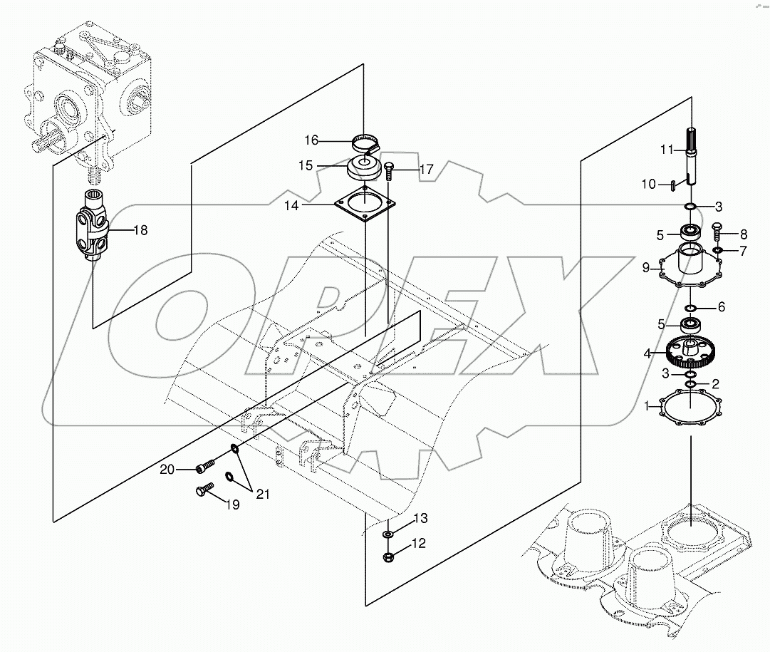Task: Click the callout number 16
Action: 311,139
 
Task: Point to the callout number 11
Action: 666,149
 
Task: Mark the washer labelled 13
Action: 388,534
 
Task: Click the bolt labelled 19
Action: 204,490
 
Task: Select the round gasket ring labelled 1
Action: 690,411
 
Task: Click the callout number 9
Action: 645,269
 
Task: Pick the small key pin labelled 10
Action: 672,186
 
